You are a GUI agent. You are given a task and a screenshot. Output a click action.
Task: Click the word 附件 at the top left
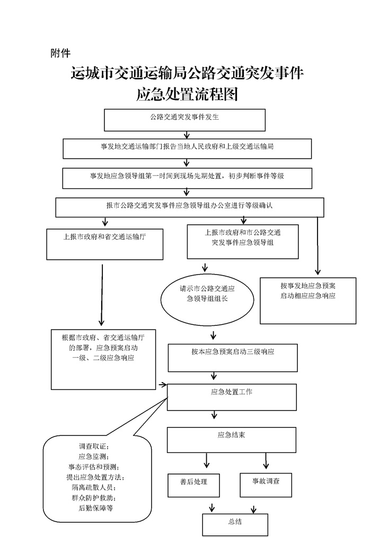click(x=60, y=53)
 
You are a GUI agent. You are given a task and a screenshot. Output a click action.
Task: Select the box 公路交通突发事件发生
click(x=184, y=120)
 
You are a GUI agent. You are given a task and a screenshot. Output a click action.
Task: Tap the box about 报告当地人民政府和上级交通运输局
click(x=187, y=148)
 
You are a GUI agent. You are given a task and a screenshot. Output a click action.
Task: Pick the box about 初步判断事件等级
click(x=187, y=178)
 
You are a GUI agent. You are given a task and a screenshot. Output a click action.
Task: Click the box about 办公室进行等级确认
click(x=189, y=207)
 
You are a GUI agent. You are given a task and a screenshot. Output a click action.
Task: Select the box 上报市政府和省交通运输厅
click(x=104, y=243)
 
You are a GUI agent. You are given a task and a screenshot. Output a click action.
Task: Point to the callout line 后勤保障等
click(x=95, y=508)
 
